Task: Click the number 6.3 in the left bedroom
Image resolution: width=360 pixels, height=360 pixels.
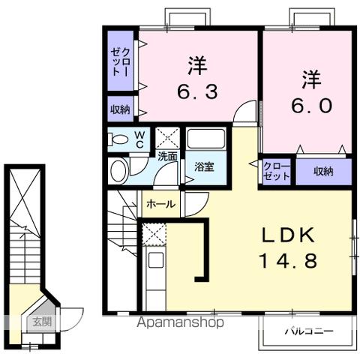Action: [197, 92]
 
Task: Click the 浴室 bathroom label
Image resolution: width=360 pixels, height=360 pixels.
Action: [204, 166]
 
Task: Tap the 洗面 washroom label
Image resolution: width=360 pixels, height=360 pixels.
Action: [167, 157]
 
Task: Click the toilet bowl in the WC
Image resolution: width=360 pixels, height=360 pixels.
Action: [118, 138]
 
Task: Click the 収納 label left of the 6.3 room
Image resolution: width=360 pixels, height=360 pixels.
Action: [120, 109]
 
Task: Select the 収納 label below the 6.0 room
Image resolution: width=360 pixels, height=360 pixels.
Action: [323, 172]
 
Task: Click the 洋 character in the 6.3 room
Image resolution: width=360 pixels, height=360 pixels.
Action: [197, 66]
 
